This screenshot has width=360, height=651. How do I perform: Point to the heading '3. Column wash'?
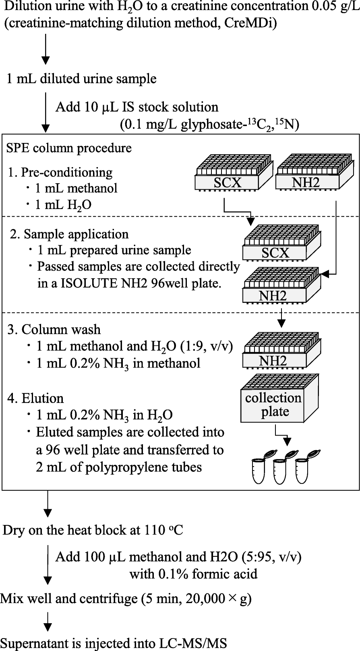54,329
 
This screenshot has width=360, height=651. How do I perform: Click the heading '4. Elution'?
35,398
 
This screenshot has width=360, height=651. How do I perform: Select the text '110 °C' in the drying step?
163,530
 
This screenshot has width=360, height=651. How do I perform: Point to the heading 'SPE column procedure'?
69,148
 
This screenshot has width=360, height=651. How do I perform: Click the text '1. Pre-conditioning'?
60,172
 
